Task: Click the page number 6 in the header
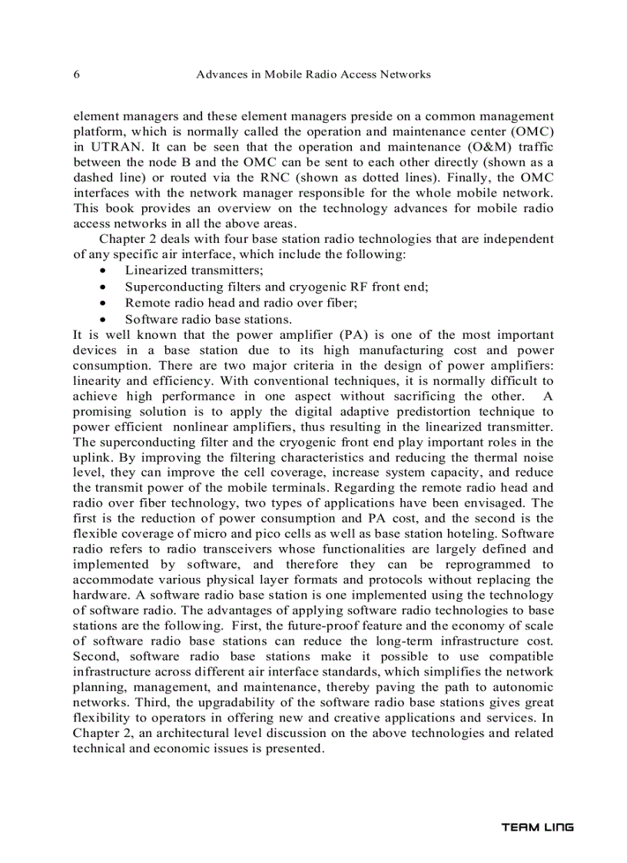(x=76, y=75)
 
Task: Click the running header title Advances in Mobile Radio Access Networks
(x=313, y=75)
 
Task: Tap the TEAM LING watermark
(x=537, y=828)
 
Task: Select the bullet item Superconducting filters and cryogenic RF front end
(x=277, y=287)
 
